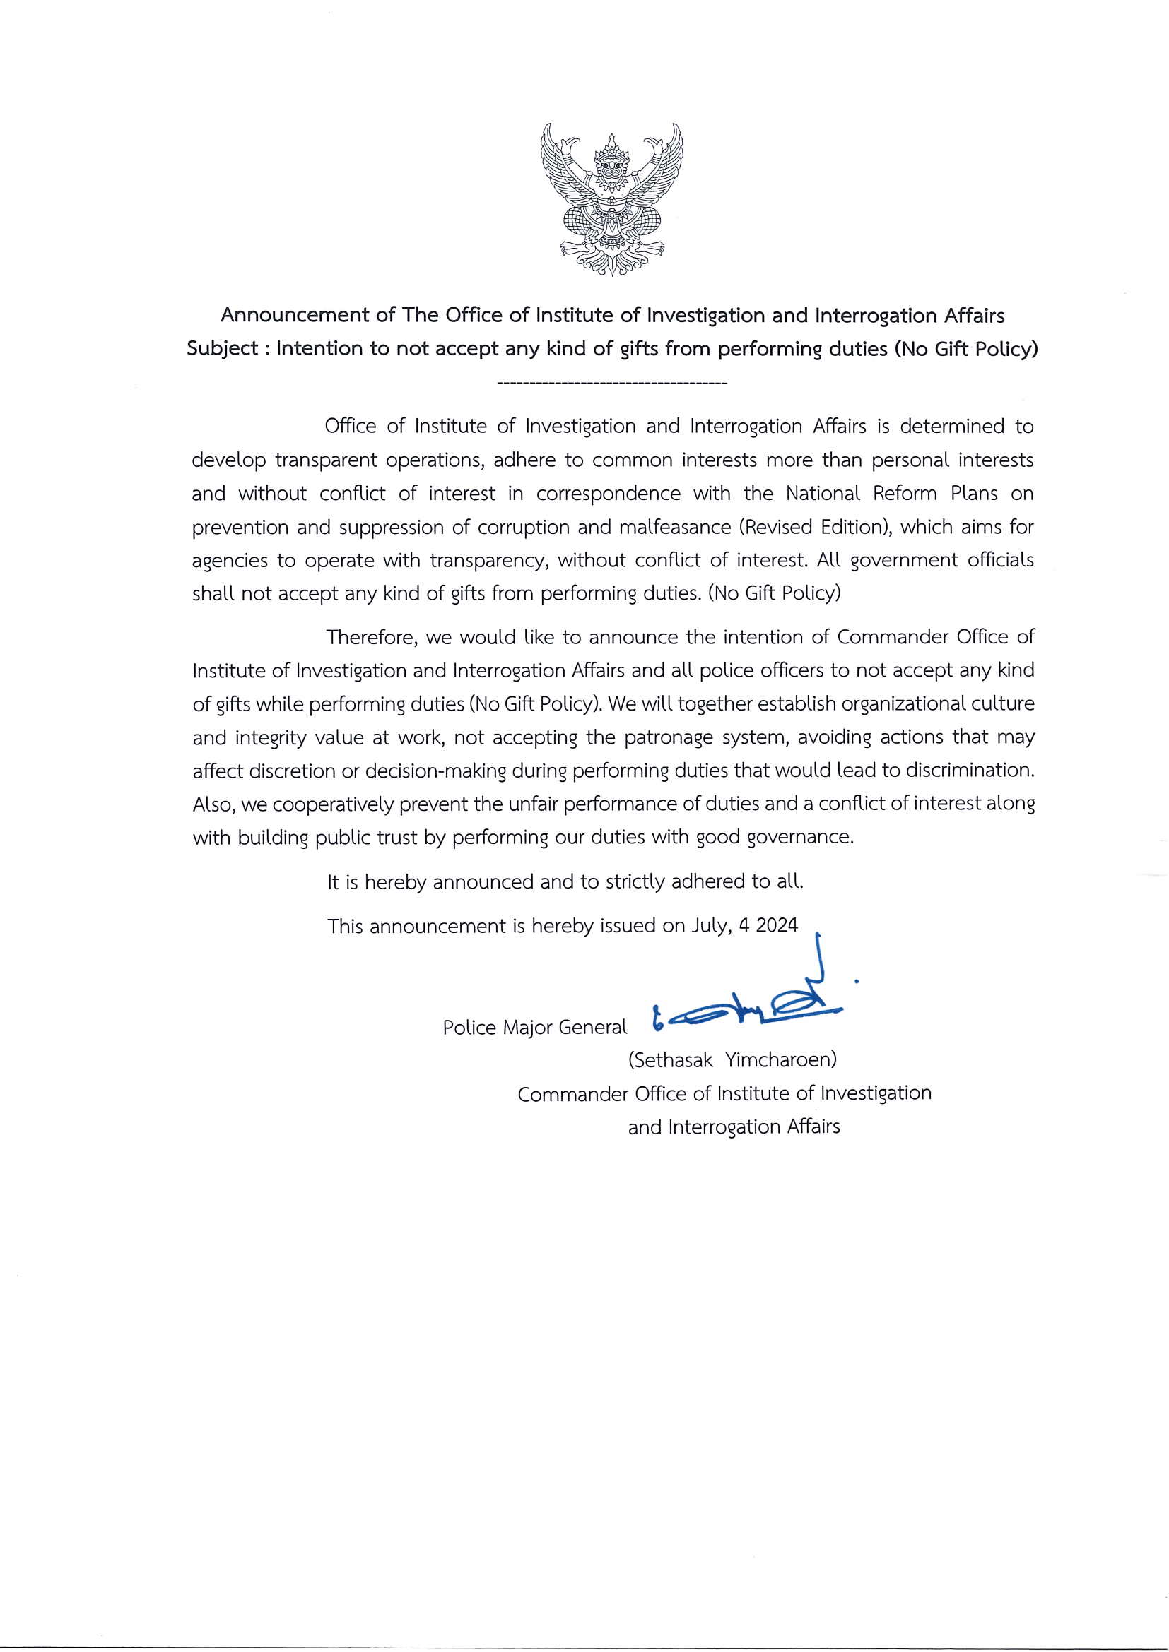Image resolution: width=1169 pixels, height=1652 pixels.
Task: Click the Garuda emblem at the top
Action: pos(611,199)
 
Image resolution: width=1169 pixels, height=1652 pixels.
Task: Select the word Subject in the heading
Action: pos(222,349)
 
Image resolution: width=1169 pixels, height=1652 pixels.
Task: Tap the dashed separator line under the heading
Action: pos(612,384)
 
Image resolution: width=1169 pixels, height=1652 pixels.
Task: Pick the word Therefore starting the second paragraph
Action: pos(372,638)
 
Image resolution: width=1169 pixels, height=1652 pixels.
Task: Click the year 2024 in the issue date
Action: pos(777,926)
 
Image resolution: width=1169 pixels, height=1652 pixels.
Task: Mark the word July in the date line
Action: pos(710,926)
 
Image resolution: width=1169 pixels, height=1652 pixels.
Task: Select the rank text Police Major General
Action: pos(535,1028)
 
